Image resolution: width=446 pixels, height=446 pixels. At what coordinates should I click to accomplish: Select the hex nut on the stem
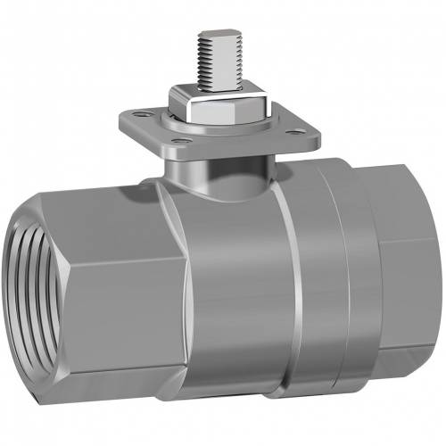pyautogui.click(x=224, y=111)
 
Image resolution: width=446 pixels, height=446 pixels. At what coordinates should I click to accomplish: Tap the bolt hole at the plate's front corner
pyautogui.click(x=182, y=141)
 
